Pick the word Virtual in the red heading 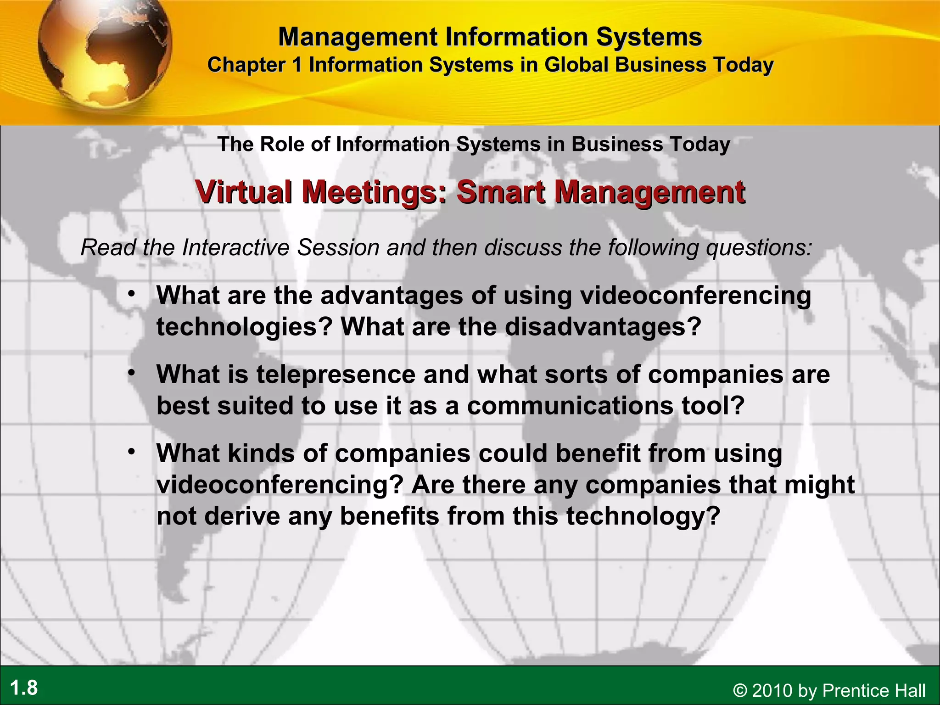coord(244,192)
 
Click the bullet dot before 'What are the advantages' coord(132,293)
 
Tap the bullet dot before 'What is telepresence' coord(132,373)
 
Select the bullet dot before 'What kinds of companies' coord(132,452)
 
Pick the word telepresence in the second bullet coord(335,374)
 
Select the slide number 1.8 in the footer coord(24,688)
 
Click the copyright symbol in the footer coord(740,690)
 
